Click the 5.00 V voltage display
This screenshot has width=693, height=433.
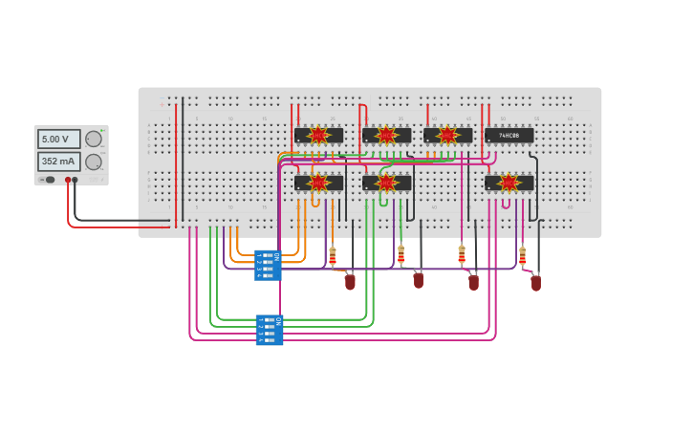tap(58, 140)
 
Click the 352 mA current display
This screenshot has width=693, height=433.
tap(58, 162)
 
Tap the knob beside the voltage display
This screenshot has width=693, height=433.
tap(94, 140)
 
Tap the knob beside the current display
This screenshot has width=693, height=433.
tap(94, 162)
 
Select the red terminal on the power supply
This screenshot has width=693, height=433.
tap(68, 180)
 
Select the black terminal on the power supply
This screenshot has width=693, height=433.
tap(76, 180)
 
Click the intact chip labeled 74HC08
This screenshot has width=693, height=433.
tap(509, 136)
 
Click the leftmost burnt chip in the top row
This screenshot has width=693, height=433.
tap(318, 136)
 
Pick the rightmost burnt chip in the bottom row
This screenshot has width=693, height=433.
tap(509, 182)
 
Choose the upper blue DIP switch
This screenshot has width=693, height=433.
tap(268, 265)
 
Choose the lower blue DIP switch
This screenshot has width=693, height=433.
tap(270, 330)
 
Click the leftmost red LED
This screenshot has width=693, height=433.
tap(350, 282)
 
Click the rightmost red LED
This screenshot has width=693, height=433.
tap(536, 283)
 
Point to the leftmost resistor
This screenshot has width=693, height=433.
tap(333, 256)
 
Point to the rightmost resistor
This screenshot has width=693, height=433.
tap(522, 256)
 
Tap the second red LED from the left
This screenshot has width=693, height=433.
tap(419, 280)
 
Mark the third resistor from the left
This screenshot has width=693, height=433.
tap(462, 255)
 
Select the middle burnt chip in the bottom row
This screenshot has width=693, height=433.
tap(386, 182)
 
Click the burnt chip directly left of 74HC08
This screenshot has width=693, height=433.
tap(447, 136)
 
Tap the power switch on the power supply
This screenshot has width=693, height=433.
tap(48, 180)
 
